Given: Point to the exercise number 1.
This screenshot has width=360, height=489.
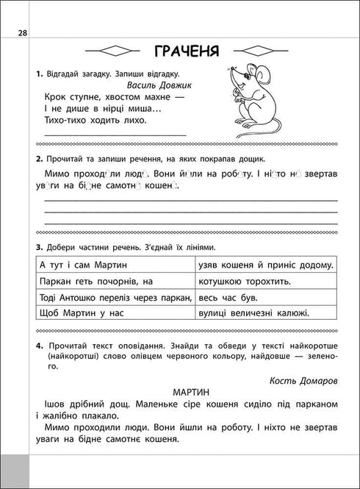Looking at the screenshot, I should click(x=37, y=74).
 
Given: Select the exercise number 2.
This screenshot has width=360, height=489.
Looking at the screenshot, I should click(x=37, y=159).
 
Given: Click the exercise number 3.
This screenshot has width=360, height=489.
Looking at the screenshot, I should click(x=37, y=248).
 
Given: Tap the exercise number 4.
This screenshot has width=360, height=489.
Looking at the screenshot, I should click(x=37, y=346).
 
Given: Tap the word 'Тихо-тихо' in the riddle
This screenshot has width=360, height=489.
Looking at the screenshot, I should click(x=65, y=120).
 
